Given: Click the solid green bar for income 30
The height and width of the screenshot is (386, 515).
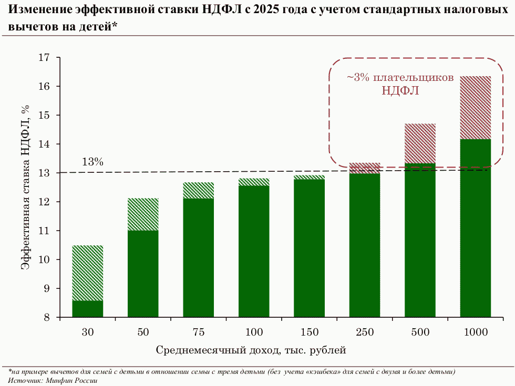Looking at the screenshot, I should [x=88, y=309].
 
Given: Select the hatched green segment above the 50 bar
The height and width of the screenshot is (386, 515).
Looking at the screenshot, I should [x=143, y=214].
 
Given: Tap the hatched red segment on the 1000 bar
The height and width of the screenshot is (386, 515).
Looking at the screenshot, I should [x=475, y=108].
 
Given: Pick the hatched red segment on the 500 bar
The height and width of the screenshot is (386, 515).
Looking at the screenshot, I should [x=420, y=143].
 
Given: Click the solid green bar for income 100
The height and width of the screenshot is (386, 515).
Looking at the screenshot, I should [x=254, y=251].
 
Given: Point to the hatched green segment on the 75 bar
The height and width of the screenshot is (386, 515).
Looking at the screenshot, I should [x=199, y=190].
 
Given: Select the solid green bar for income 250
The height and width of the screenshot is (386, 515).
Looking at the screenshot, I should [x=365, y=245].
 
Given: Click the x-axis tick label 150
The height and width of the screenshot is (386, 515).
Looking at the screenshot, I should [x=310, y=332].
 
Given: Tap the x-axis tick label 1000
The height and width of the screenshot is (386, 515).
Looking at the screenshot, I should [x=475, y=332].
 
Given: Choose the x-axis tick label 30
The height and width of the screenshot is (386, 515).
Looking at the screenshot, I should [x=88, y=332].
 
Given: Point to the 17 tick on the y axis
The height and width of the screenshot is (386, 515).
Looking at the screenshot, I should [x=46, y=57].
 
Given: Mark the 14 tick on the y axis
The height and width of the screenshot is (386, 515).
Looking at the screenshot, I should [x=46, y=144].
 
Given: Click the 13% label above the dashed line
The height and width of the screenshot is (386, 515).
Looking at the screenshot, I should [x=92, y=162].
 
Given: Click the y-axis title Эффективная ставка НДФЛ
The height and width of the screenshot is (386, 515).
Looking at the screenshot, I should [x=25, y=187].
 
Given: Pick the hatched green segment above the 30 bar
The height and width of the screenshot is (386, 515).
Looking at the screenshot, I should [x=88, y=273].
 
